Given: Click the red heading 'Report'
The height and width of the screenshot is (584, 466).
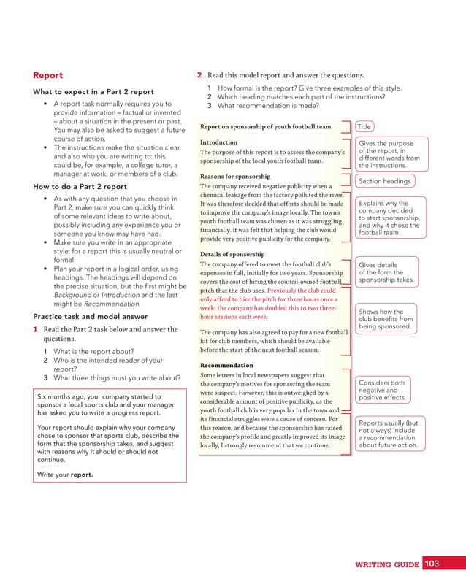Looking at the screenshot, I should [48, 75].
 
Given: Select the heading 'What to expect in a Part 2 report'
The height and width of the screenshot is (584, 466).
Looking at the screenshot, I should [93, 92].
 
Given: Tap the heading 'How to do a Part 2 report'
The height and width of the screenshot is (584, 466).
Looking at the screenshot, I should [79, 187].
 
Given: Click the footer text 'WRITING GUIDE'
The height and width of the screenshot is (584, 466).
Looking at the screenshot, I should [387, 564].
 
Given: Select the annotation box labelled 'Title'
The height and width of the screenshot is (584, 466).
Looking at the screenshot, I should [364, 126].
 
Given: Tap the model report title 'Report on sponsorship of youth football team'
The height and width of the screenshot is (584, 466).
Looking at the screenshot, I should [265, 126].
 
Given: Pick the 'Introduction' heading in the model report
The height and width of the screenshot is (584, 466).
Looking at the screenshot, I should [218, 142].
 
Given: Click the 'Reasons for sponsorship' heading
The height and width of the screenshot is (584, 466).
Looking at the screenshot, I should [235, 177].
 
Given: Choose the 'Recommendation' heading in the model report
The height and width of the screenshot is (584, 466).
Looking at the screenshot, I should [226, 365].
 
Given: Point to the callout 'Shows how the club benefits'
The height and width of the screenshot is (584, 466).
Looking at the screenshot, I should [386, 319].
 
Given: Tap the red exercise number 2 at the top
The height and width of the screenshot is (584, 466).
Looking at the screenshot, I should [199, 75].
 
